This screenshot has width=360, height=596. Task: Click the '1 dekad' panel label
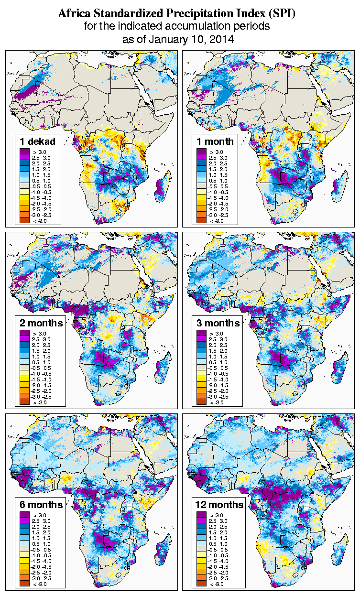[x=38, y=141]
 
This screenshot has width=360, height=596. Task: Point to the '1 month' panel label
[x=215, y=141]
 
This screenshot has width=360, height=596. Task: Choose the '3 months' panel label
[x=218, y=323]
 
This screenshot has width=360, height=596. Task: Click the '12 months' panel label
[x=220, y=505]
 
